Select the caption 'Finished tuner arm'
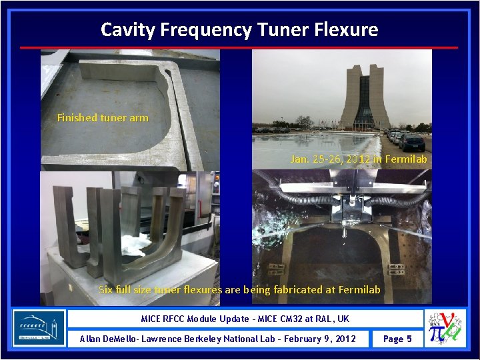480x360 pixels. click(103, 118)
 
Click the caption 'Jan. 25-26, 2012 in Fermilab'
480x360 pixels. click(359, 159)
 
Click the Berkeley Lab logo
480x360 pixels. click(39, 327)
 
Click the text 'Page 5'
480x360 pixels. click(397, 339)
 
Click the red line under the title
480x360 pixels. click(239, 47)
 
